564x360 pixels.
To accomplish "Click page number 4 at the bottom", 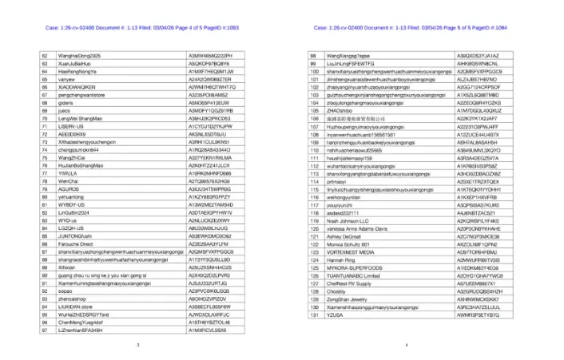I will pyautogui.click(x=407, y=344).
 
